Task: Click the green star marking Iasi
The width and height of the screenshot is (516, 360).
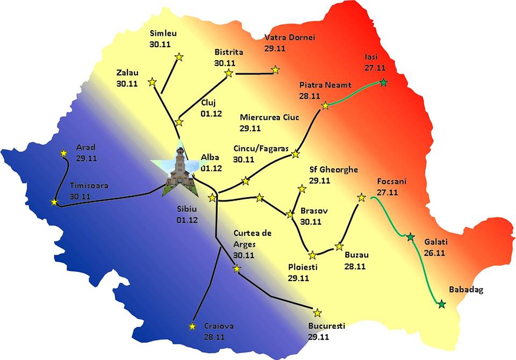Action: click(x=383, y=82)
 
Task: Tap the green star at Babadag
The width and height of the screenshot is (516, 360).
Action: click(x=441, y=305)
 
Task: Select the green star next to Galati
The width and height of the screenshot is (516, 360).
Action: click(x=410, y=237)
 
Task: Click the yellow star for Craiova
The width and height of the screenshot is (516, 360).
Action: click(x=192, y=326)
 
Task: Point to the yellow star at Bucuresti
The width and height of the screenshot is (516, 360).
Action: click(x=317, y=313)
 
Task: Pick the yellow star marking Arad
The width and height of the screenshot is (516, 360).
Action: click(x=64, y=153)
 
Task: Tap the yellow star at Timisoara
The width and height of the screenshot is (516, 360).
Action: click(x=54, y=202)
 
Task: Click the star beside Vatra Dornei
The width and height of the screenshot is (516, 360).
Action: click(x=275, y=69)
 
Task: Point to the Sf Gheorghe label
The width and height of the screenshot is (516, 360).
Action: click(x=333, y=170)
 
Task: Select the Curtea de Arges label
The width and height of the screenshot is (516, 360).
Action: click(x=252, y=239)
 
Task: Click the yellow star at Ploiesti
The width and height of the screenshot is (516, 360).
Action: click(x=312, y=254)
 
